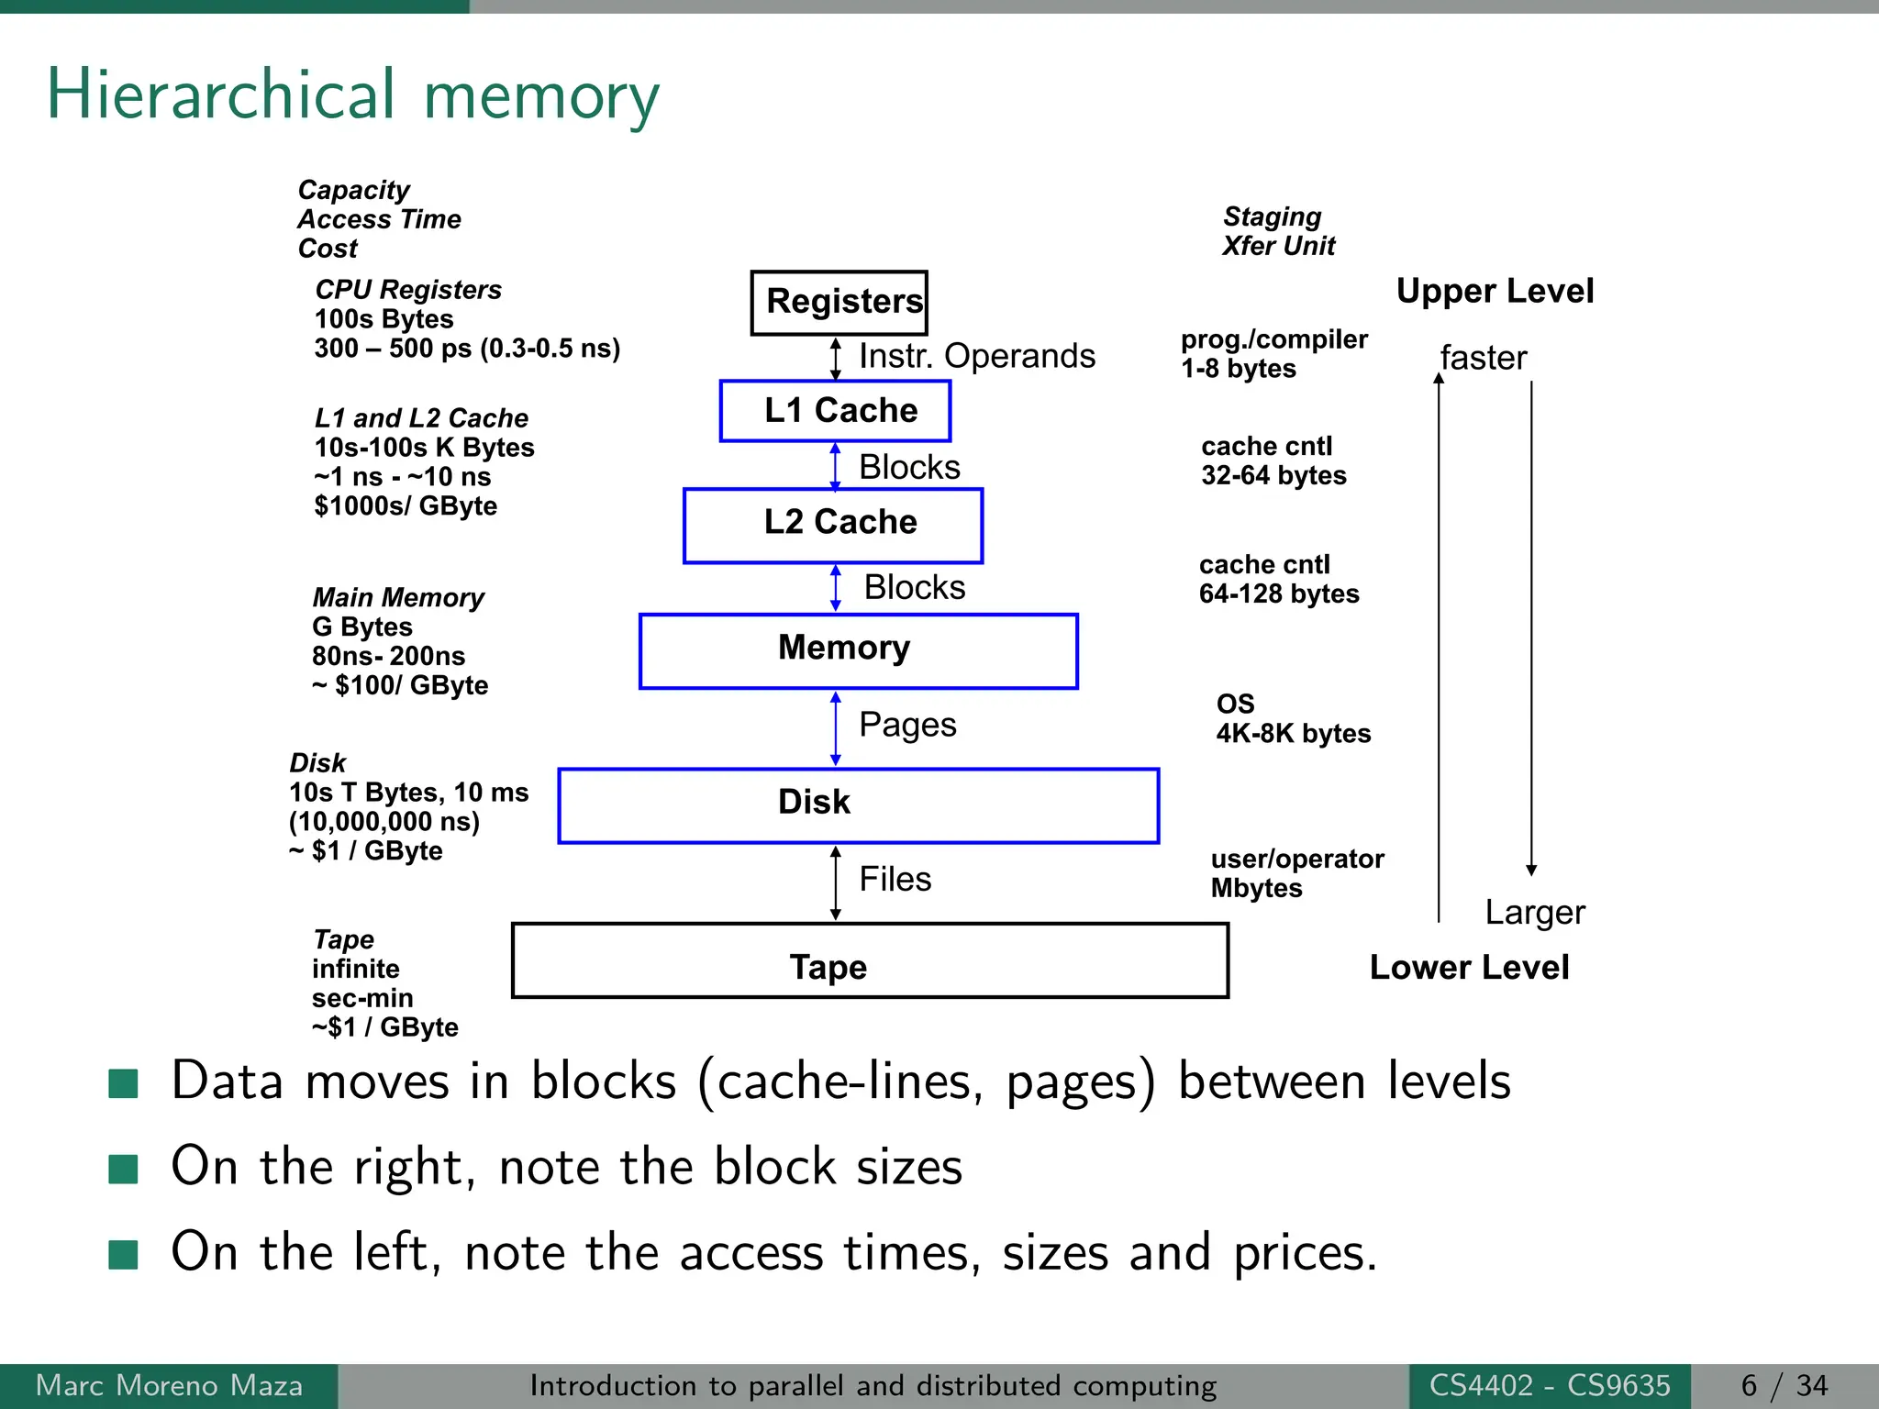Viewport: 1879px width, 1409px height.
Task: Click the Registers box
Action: pos(839,302)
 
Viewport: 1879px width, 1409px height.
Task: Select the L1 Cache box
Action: pos(835,410)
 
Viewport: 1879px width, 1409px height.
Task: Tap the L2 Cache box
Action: pos(833,525)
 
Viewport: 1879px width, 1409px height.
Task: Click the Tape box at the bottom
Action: pos(869,961)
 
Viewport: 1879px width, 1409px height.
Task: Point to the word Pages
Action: pos(906,725)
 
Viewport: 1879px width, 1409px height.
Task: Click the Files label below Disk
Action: pos(895,879)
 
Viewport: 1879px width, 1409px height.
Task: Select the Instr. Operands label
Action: pos(976,356)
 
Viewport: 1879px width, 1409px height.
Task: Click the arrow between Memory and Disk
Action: pos(835,728)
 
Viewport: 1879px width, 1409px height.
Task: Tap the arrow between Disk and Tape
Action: pos(835,882)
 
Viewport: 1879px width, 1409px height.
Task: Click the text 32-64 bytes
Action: pos(1273,475)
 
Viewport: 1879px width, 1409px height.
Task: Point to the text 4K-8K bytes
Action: pos(1293,733)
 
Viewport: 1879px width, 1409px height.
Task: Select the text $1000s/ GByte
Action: pos(405,506)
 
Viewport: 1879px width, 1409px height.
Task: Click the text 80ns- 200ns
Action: pos(388,656)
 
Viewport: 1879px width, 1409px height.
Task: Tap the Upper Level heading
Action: pos(1494,291)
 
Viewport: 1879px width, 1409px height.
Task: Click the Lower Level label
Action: pos(1468,968)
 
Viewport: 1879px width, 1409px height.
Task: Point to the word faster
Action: pos(1483,358)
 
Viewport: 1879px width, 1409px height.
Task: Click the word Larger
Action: pos(1534,913)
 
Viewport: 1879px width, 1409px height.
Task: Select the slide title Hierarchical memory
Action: pos(352,95)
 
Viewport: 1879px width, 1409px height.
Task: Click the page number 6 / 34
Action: pos(1783,1385)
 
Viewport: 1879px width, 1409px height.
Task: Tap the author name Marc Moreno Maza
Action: pos(169,1385)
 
